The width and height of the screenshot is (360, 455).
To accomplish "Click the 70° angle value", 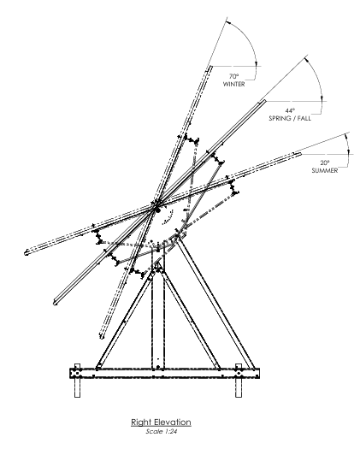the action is (233, 76).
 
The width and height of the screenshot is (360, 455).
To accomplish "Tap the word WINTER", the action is (233, 84).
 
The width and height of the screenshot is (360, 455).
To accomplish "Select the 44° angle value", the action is (290, 110).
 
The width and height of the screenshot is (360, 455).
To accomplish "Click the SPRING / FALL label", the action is (290, 118).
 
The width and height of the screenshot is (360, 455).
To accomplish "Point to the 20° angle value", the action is (325, 162).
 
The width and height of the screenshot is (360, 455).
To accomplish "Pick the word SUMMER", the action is (325, 171).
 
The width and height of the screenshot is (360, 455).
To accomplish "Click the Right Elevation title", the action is (161, 422).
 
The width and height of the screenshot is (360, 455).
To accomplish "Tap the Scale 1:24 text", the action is (162, 432).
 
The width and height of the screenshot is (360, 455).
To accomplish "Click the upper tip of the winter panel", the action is (210, 67).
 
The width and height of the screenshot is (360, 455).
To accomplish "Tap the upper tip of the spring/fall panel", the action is (263, 101).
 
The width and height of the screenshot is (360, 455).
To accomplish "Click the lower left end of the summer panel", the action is (26, 253).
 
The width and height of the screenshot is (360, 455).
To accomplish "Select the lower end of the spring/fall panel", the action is (55, 303).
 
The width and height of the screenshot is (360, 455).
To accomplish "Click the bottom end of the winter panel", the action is (102, 337).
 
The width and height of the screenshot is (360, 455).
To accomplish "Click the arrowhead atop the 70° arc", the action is (228, 21).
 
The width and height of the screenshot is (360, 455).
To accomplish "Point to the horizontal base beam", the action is (164, 373).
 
